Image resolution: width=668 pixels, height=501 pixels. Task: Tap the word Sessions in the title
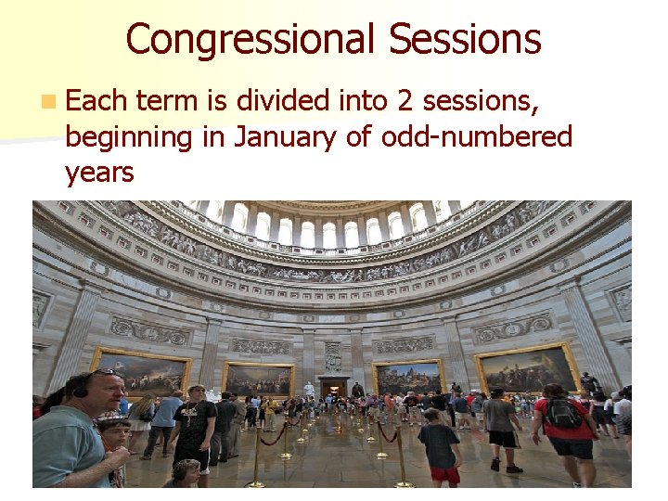coord(465,40)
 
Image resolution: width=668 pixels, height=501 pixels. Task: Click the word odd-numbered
coord(478,136)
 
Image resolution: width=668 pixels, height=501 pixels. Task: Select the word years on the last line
coord(99,172)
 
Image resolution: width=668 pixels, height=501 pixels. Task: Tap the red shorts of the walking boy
coord(444,475)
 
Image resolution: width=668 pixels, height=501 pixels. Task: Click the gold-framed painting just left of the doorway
coord(259,379)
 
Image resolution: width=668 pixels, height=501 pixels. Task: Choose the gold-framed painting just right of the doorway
coord(408,378)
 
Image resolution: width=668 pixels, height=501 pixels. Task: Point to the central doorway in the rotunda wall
coord(333,386)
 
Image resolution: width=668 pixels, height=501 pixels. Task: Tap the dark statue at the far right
coord(587,381)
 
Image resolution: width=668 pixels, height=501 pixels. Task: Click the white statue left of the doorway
coord(309,388)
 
